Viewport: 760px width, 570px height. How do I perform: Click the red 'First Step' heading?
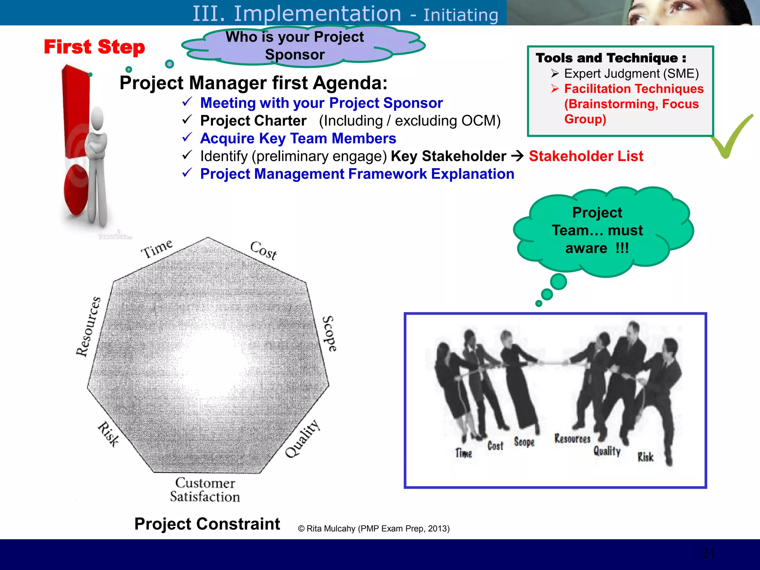94,47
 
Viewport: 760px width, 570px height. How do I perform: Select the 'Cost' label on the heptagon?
263,250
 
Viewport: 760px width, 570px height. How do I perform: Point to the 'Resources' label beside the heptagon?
88,327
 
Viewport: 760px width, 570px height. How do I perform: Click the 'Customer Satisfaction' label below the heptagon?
205,490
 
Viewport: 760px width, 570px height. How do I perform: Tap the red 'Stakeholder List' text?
586,156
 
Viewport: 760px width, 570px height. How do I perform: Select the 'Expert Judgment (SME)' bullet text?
631,73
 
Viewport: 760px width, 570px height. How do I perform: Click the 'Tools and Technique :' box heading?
611,58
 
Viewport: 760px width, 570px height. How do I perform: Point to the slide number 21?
708,553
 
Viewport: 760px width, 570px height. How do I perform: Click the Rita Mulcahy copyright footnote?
374,528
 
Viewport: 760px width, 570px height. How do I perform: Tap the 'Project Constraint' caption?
207,524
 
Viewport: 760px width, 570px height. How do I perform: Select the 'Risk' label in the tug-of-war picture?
645,457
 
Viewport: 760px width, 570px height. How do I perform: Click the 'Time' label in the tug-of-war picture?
463,453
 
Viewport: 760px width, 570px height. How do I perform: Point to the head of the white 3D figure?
98,118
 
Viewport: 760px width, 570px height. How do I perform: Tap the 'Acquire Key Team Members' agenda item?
298,138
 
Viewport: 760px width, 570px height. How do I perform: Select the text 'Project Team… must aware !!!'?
597,230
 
